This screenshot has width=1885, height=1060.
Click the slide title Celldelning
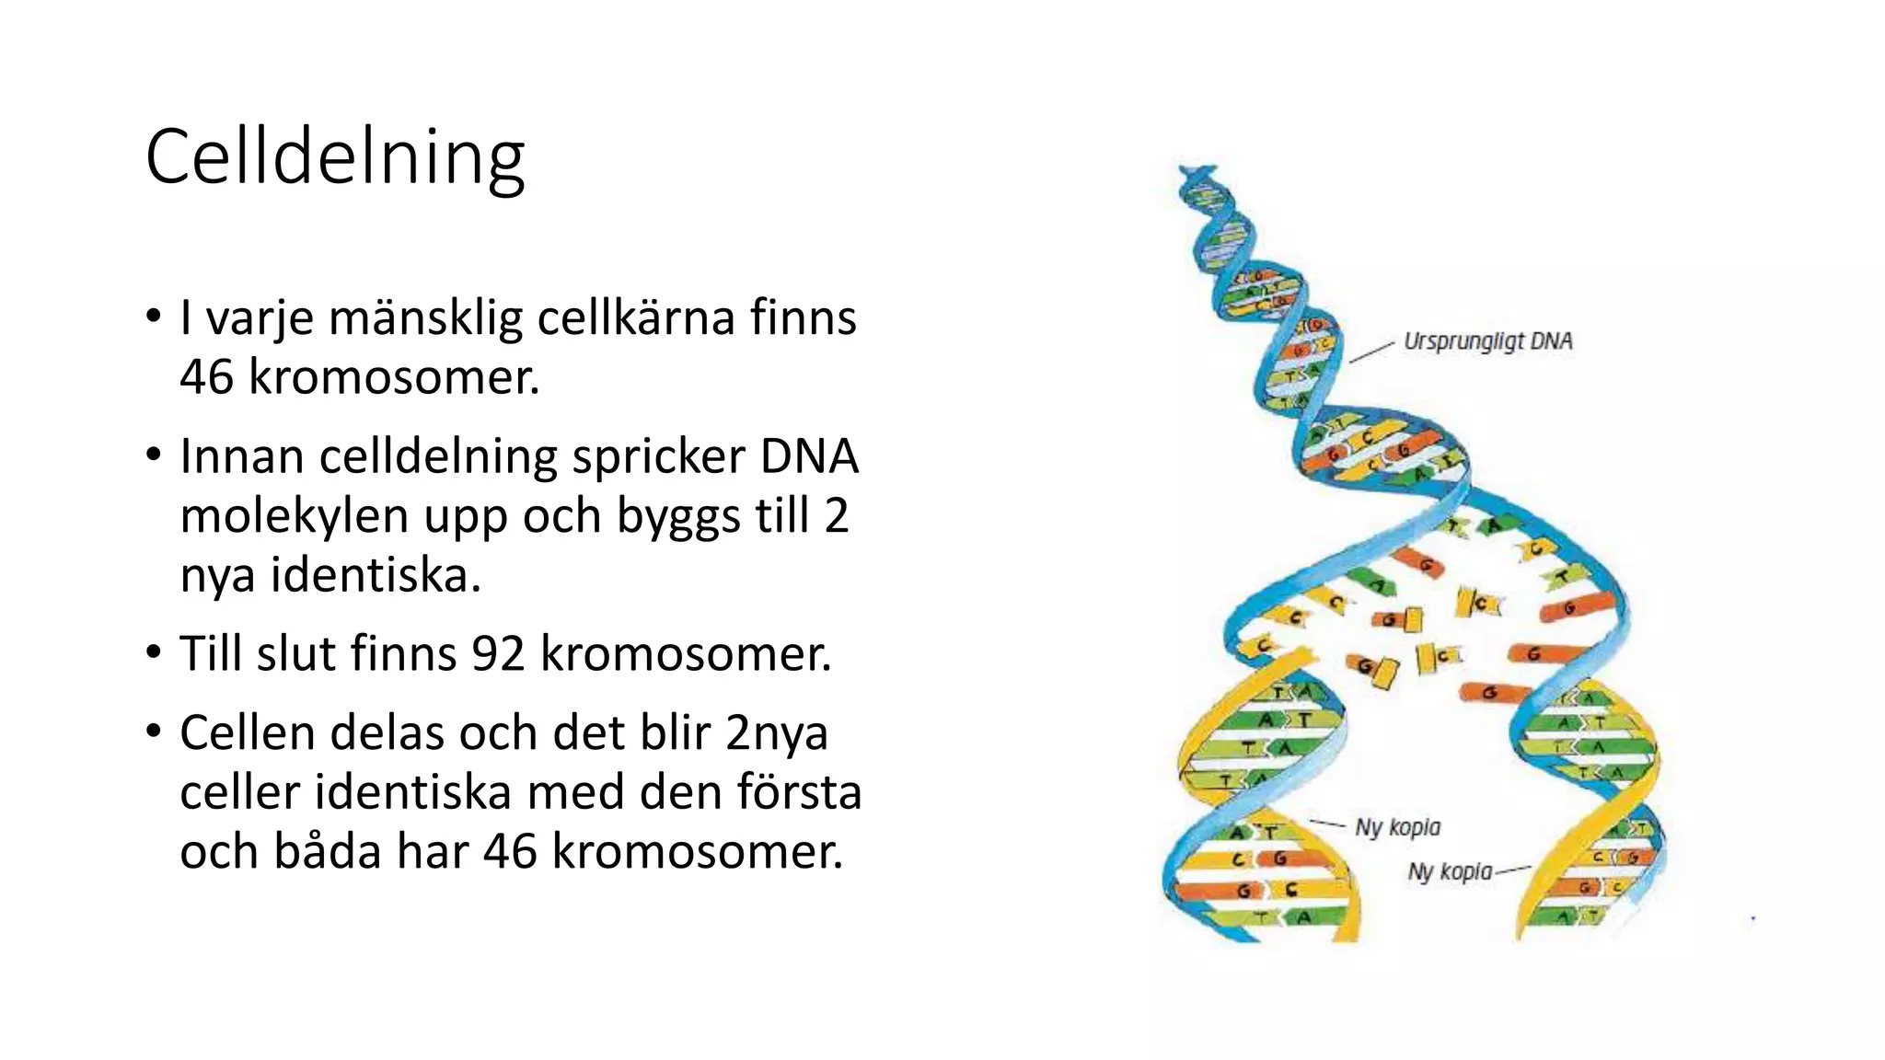click(335, 157)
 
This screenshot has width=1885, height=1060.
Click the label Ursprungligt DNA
click(1487, 341)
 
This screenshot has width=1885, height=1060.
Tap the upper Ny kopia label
click(1397, 827)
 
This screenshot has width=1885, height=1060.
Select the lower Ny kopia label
click(1450, 870)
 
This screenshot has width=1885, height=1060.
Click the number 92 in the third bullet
click(498, 654)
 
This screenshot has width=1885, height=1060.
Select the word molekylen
click(294, 516)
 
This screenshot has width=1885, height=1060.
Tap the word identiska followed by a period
click(375, 576)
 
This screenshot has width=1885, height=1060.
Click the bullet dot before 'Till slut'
click(155, 652)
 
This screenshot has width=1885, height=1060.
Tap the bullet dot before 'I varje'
click(155, 317)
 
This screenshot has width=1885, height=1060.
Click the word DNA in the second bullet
click(809, 457)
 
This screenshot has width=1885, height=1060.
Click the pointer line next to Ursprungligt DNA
click(1371, 351)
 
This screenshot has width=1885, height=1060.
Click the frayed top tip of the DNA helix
click(1197, 172)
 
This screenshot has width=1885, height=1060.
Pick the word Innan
click(241, 457)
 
